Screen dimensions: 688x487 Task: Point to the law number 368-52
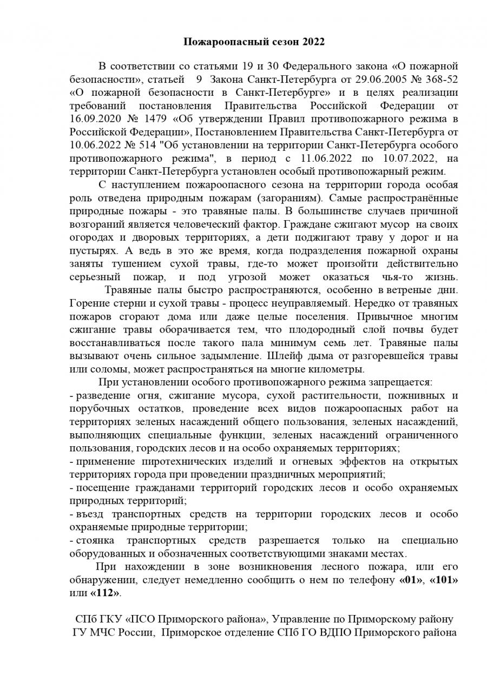click(435, 80)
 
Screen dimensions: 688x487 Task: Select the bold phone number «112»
click(106, 593)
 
